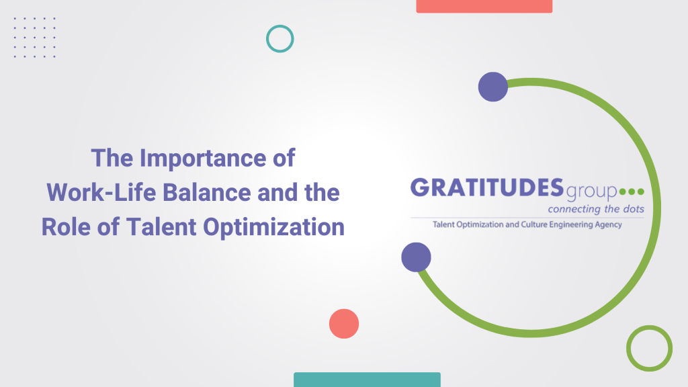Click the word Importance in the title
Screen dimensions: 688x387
coord(203,159)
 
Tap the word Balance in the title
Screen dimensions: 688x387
coord(207,192)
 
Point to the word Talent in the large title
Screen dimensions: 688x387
coord(161,227)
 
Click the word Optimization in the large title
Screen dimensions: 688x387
coord(274,228)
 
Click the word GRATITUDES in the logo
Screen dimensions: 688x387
coord(487,188)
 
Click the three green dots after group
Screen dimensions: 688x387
coord(632,191)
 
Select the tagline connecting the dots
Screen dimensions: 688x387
coord(596,209)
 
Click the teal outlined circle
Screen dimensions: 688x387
coord(267,38)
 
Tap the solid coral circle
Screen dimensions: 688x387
coord(344,324)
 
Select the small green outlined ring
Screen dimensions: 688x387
coord(628,349)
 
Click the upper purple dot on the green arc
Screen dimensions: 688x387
coord(493,87)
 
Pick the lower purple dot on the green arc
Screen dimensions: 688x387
coord(416,257)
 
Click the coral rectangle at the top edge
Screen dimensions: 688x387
coord(484,6)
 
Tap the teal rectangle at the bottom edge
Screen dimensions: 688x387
coord(368,380)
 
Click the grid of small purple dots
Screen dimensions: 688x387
coord(35,38)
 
